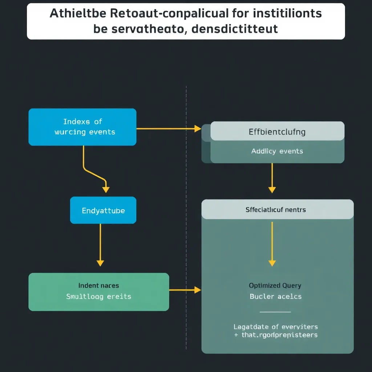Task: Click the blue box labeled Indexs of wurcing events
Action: [x=82, y=127]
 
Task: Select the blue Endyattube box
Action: [x=103, y=210]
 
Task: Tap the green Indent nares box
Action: [x=98, y=292]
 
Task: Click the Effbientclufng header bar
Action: [x=277, y=131]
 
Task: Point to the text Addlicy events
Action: [x=277, y=151]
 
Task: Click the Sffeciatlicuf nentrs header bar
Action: [x=277, y=210]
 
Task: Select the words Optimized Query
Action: [x=275, y=286]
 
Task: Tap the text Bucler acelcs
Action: [x=275, y=296]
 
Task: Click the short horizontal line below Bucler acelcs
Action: [x=275, y=312]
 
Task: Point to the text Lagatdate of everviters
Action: [x=276, y=327]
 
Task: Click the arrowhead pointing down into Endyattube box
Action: [x=105, y=189]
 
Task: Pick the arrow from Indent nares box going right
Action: [x=185, y=290]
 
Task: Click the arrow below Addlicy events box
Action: [x=272, y=178]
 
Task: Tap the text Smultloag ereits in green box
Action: [x=98, y=296]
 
